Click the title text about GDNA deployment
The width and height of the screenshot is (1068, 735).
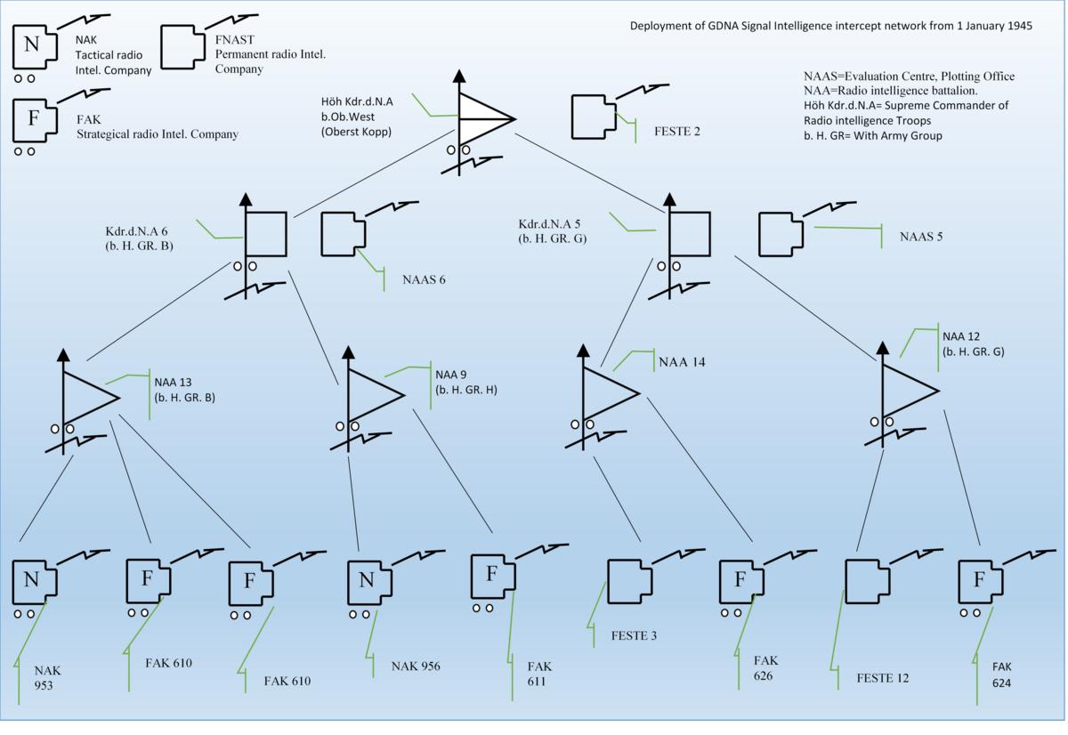(830, 26)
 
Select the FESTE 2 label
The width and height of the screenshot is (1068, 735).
(676, 132)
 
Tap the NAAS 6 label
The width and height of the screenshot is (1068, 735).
(424, 279)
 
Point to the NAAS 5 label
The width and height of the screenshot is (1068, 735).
(920, 237)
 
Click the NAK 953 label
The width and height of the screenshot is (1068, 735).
(48, 678)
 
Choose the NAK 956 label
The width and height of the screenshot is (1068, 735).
(416, 666)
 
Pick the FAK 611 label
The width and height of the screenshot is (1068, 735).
(539, 674)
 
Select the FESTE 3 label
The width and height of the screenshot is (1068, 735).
(634, 635)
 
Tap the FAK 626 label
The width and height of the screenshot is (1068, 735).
(766, 667)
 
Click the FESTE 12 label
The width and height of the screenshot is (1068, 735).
(882, 678)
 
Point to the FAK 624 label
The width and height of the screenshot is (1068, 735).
(1002, 674)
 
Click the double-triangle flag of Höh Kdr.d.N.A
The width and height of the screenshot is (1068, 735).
(483, 118)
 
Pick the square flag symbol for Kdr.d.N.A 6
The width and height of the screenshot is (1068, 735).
(265, 234)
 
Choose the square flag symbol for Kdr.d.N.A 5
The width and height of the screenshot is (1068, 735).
(690, 234)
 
